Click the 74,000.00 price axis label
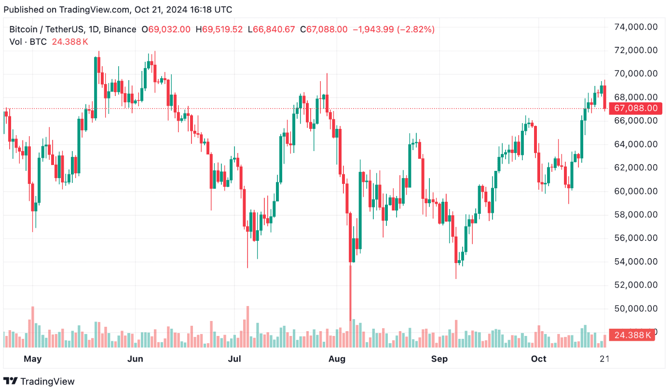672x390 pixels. (635, 27)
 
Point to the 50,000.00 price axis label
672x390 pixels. (635, 308)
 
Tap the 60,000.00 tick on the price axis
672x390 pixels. (635, 191)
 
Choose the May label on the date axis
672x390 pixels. (32, 359)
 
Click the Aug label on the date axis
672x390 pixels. (337, 359)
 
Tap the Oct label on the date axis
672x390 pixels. (538, 359)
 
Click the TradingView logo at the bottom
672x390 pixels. (41, 381)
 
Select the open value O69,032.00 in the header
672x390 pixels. (165, 29)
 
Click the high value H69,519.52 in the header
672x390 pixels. (219, 29)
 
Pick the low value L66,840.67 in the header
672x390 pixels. (271, 29)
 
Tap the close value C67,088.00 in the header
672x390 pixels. (324, 29)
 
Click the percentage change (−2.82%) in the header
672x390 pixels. (416, 29)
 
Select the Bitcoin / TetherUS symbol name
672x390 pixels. (53, 29)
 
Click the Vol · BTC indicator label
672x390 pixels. (28, 42)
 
